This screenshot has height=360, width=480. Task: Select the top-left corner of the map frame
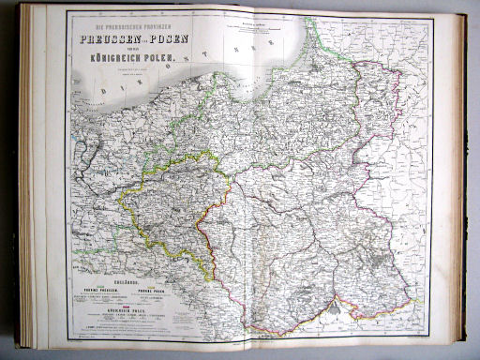point(66,12)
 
